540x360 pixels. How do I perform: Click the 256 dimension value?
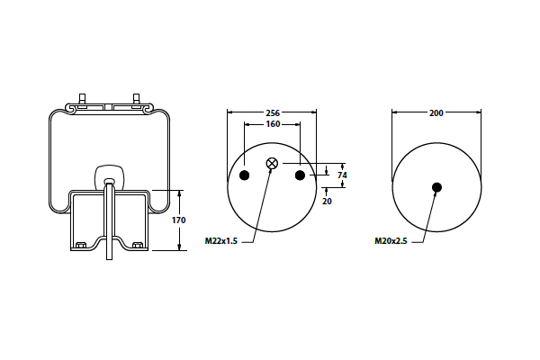[x=273, y=112]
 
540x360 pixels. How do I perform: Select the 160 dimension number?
[x=273, y=124]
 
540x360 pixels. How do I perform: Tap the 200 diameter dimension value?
[x=436, y=113]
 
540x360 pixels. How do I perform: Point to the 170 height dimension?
[x=179, y=220]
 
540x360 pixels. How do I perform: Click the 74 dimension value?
[x=342, y=175]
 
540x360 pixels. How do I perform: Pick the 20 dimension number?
[x=327, y=202]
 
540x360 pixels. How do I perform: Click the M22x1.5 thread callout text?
[x=221, y=241]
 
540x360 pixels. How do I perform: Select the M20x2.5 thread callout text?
[x=391, y=241]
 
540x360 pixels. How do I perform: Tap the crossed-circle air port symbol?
[x=272, y=163]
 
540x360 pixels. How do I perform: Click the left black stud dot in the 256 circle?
[x=244, y=175]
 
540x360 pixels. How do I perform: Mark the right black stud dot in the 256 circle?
[x=300, y=175]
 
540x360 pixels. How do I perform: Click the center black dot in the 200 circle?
[x=436, y=187]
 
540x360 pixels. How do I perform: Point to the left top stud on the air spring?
[x=82, y=99]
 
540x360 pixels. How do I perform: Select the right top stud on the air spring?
[x=136, y=99]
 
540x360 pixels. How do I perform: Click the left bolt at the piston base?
[x=81, y=246]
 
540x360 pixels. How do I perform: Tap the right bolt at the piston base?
[x=138, y=246]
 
